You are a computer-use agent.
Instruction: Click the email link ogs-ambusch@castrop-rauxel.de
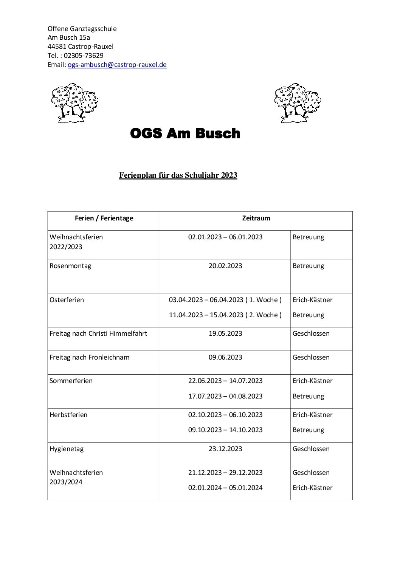click(x=117, y=65)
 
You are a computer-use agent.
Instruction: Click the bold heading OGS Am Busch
click(x=185, y=133)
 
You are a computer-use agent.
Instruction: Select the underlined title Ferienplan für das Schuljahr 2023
click(x=178, y=175)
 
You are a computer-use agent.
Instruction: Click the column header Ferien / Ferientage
click(x=104, y=218)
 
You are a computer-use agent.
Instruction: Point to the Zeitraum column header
click(x=256, y=218)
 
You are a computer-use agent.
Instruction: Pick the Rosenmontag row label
click(x=70, y=266)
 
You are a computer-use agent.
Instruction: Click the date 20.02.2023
click(x=225, y=266)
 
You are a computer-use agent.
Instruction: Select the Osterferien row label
click(x=67, y=300)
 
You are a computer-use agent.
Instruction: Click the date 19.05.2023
click(x=225, y=333)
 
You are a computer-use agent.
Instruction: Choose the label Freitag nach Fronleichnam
click(x=90, y=357)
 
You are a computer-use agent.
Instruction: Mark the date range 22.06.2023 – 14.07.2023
click(x=225, y=381)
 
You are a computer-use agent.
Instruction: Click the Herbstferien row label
click(x=68, y=415)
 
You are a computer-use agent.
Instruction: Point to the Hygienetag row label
click(x=67, y=449)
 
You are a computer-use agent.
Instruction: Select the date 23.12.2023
click(x=225, y=449)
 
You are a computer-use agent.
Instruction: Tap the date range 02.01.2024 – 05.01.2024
click(x=225, y=488)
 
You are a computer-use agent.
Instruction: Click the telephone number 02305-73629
click(x=84, y=56)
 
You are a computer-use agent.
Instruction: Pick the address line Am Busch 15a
click(x=69, y=37)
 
